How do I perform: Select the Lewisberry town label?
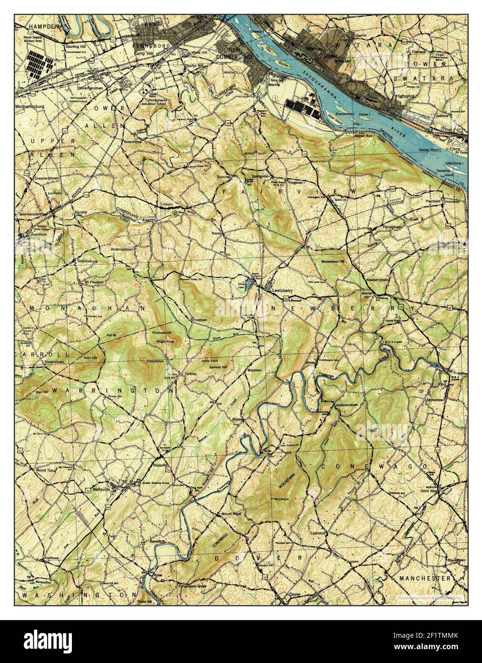[x=282, y=290]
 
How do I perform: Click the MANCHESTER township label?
[x=425, y=578]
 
